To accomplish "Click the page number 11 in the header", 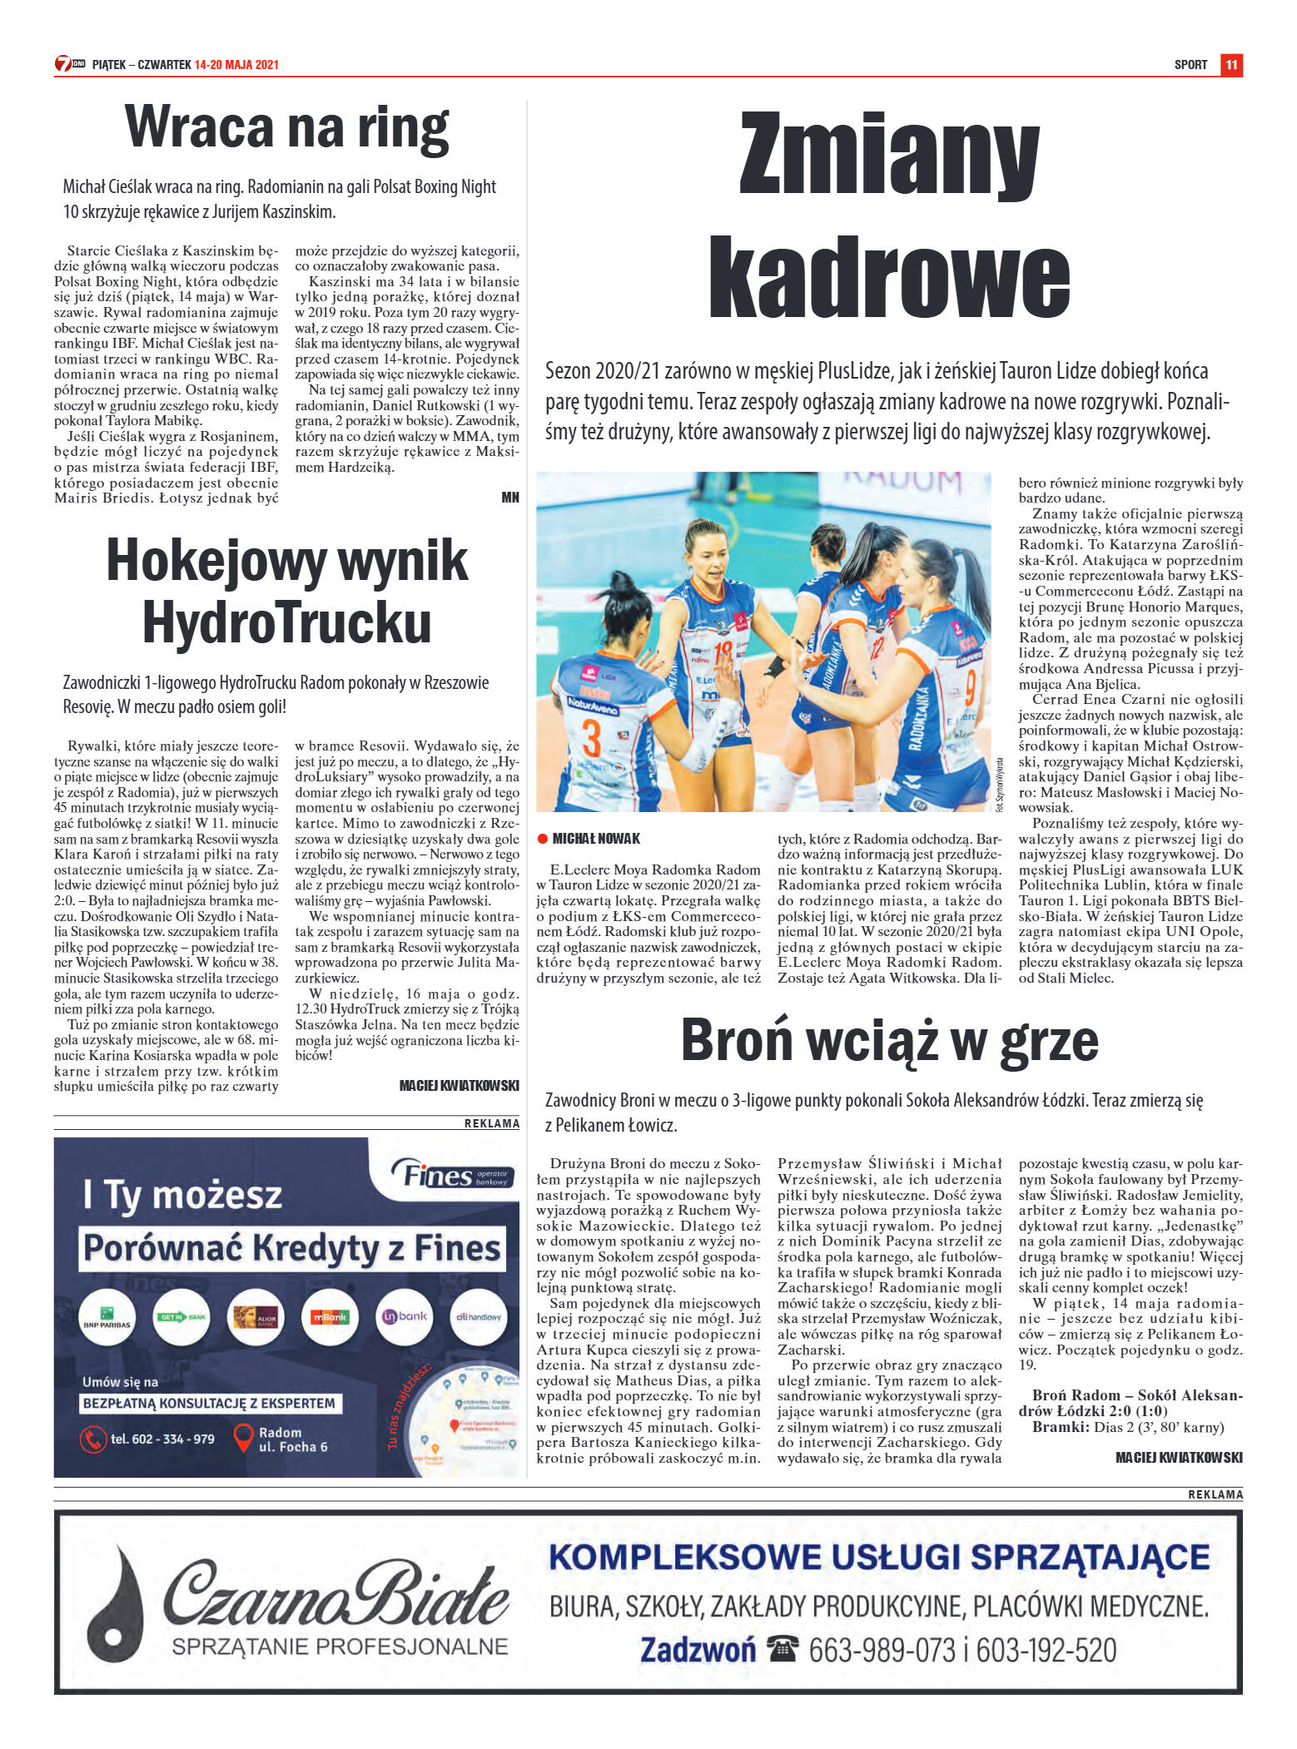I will (x=1231, y=65).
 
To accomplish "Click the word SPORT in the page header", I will (x=1190, y=65).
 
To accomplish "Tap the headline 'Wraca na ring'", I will (x=286, y=128).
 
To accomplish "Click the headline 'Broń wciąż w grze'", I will (x=889, y=1040).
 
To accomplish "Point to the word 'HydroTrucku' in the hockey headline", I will (x=286, y=622).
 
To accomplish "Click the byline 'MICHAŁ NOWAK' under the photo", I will (x=596, y=839).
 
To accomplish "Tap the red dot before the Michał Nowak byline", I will (x=543, y=839).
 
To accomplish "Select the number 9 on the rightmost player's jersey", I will (x=970, y=688).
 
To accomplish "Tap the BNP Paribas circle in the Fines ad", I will (x=107, y=1317).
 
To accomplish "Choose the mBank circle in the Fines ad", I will (x=329, y=1317).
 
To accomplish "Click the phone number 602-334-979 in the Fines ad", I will (x=162, y=1439).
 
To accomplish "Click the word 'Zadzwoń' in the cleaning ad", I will (x=698, y=1649).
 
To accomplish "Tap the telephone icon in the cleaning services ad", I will (x=783, y=1648).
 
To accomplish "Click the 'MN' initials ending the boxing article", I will (x=510, y=498).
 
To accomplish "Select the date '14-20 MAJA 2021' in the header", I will (x=236, y=65).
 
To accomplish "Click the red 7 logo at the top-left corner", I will (x=63, y=64).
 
